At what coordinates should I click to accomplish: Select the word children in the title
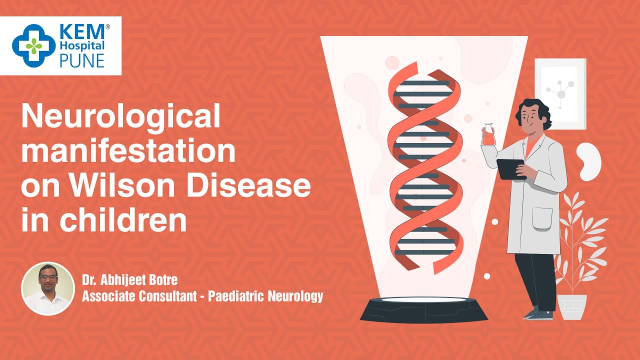pos(123,219)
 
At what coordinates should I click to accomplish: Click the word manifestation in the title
pos(128,150)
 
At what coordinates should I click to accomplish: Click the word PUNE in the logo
pos(81,60)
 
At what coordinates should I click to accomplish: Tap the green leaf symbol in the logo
pos(33,46)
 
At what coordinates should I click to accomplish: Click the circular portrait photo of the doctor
pos(48,288)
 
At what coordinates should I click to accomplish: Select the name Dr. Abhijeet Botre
pos(129,280)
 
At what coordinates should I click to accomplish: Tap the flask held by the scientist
pos(488,134)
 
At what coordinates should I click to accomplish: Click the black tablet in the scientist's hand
pos(511,169)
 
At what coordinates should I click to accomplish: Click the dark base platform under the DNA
pos(424,309)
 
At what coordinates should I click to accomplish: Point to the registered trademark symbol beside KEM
pos(107,27)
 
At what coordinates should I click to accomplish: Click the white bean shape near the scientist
pos(589,161)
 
